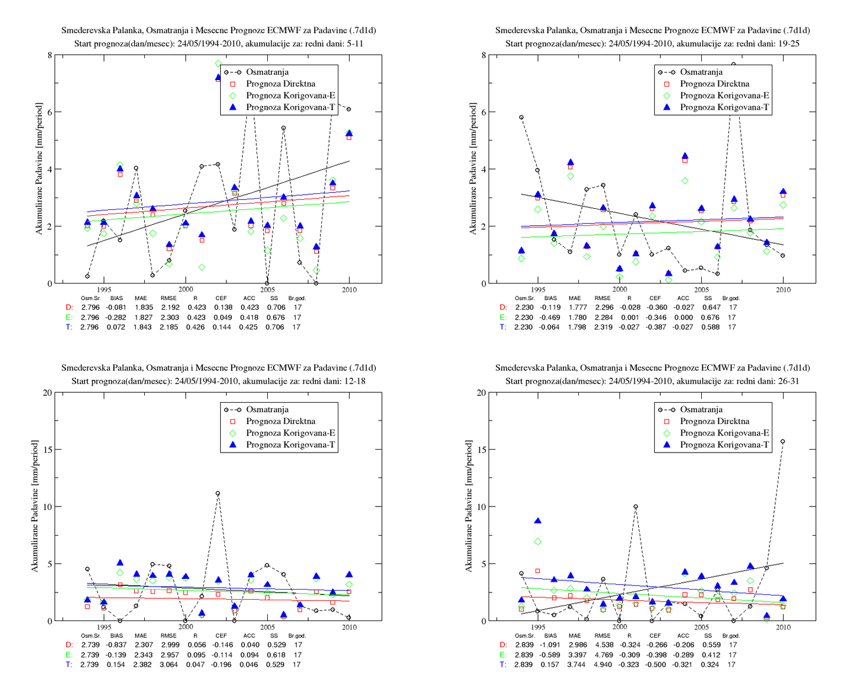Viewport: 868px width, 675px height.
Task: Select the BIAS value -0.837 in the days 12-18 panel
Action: tap(116, 645)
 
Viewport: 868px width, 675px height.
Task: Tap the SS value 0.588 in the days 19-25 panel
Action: tap(710, 327)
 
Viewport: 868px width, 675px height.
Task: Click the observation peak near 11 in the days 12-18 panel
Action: tap(218, 493)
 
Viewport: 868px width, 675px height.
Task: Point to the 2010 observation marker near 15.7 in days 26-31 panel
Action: tap(783, 442)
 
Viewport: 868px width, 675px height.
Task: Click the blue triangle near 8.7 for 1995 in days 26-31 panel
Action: tap(538, 521)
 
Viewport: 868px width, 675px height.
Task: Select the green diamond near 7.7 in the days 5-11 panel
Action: tap(218, 63)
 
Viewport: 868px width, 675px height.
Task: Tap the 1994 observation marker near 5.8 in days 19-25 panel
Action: tap(521, 117)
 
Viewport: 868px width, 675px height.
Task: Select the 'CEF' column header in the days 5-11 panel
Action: tap(221, 298)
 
